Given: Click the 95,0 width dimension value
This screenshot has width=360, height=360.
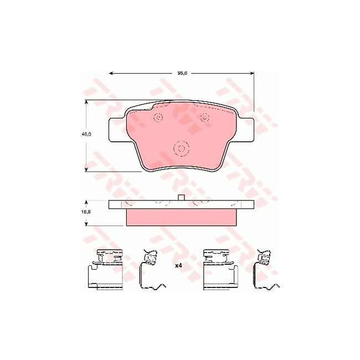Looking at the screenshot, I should tap(181, 72).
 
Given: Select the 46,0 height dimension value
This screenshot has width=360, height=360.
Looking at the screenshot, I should tap(86, 134).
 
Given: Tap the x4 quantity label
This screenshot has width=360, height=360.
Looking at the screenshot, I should tap(178, 266).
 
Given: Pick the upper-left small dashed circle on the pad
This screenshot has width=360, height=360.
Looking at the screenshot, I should tap(158, 117).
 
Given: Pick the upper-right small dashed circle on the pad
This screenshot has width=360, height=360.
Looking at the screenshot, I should tap(204, 117).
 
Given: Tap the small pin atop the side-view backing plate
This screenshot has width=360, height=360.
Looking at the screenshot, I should tap(181, 198).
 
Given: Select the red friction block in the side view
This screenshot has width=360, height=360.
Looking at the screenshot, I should tap(181, 217).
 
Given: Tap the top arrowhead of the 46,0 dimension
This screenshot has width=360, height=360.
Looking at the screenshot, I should tap(86, 102).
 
